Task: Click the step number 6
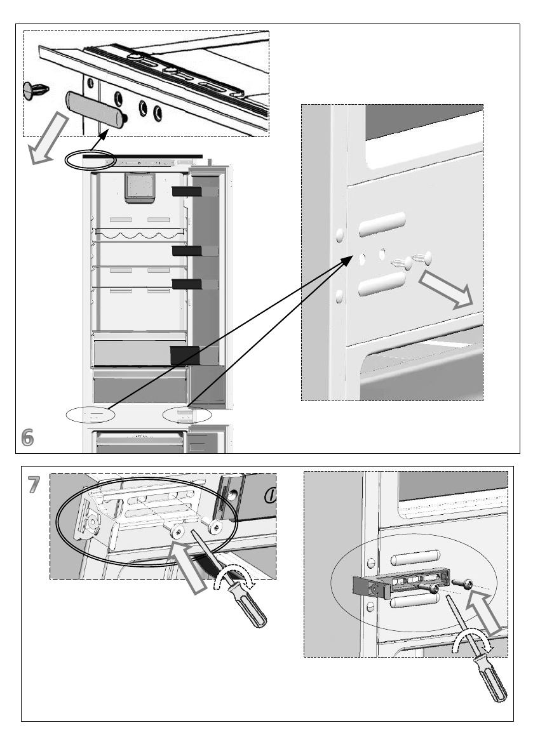click(x=27, y=437)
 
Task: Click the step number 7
click(x=33, y=485)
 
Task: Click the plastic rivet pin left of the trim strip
click(x=36, y=91)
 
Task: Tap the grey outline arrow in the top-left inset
click(x=47, y=138)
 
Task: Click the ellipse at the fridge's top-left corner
click(x=90, y=160)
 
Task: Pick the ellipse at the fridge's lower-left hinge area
click(x=91, y=414)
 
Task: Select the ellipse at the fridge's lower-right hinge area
click(x=187, y=414)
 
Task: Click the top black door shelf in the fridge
click(x=187, y=192)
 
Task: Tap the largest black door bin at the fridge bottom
click(x=185, y=355)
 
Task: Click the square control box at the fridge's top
click(x=140, y=187)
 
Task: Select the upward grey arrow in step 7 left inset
click(x=187, y=567)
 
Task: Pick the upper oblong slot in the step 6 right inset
click(x=382, y=224)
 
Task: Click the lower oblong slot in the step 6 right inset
click(x=382, y=284)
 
